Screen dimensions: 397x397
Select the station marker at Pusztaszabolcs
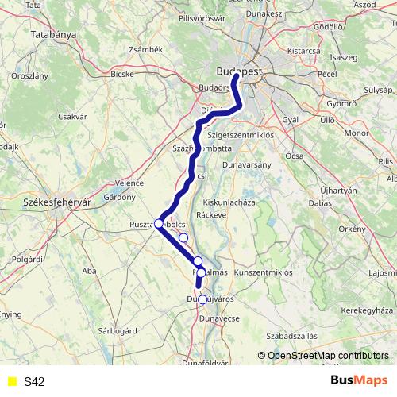(159, 224)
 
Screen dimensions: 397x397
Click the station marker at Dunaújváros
(202, 299)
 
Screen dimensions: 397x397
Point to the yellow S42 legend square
(11, 382)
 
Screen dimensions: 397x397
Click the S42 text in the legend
(34, 382)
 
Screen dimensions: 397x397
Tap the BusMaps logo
(358, 381)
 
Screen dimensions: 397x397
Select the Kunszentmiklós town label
(262, 272)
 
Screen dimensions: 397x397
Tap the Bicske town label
(121, 75)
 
